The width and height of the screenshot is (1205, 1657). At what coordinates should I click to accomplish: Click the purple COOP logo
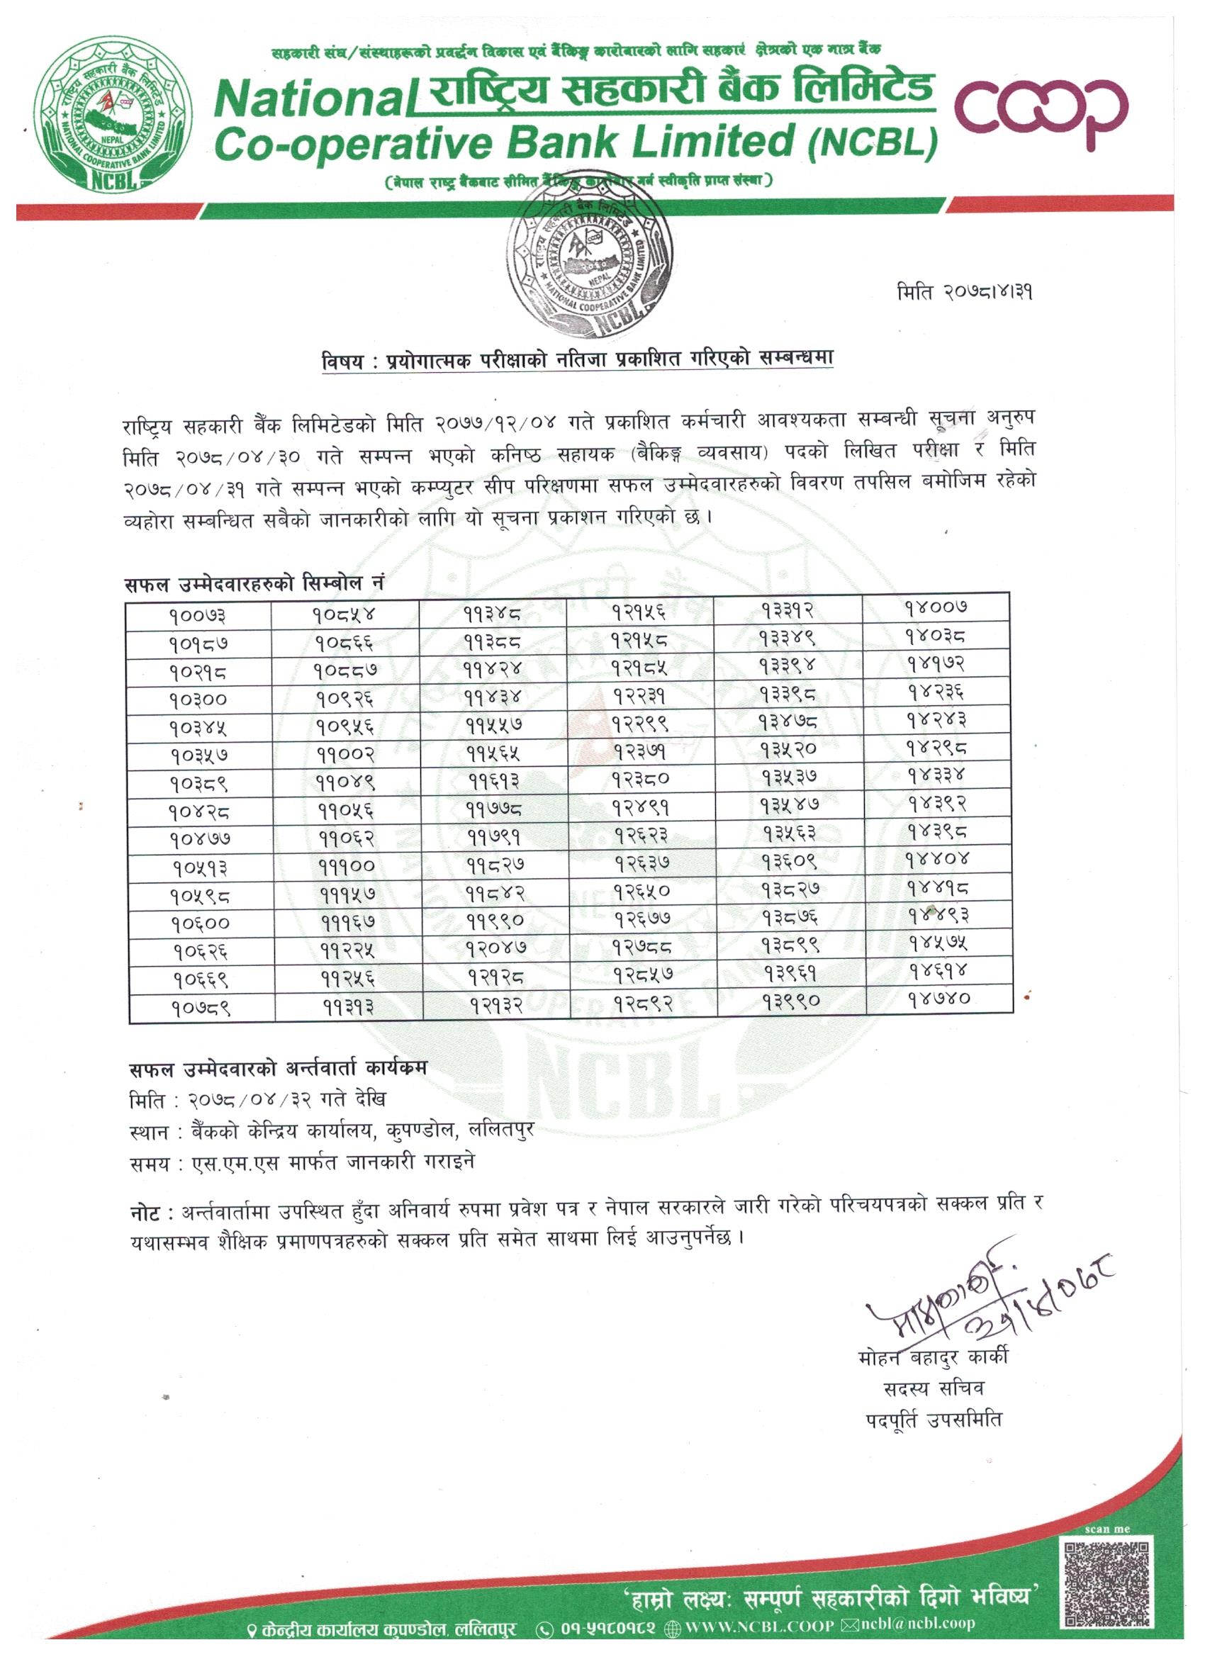tap(1042, 108)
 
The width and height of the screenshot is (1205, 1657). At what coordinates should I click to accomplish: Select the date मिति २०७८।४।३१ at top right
tap(964, 293)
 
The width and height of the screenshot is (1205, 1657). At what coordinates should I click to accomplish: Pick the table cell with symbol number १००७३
tap(197, 616)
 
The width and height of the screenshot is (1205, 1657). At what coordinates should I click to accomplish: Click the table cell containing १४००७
tap(936, 607)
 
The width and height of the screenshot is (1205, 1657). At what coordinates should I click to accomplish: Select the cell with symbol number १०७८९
tap(202, 1009)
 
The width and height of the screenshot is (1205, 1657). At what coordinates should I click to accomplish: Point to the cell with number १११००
tap(347, 867)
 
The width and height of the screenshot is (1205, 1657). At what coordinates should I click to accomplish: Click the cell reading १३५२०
tap(788, 749)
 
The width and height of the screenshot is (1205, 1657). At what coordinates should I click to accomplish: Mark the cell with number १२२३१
tap(640, 695)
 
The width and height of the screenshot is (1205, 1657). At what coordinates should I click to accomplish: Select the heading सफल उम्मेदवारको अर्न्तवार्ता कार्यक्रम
tap(278, 1068)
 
